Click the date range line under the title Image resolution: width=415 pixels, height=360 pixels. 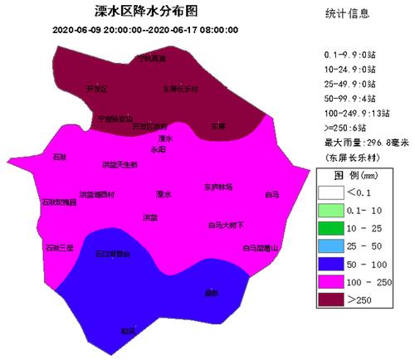pyautogui.click(x=145, y=30)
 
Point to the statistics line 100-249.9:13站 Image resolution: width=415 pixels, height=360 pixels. pyautogui.click(x=358, y=111)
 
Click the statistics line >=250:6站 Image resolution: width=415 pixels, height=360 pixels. pyautogui.click(x=349, y=125)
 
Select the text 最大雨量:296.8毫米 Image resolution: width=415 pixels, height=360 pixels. pyautogui.click(x=362, y=141)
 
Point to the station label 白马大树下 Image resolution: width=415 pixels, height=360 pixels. pyautogui.click(x=226, y=225)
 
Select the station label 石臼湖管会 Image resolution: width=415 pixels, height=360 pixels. pyautogui.click(x=113, y=255)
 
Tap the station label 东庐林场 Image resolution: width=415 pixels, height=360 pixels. pyautogui.click(x=218, y=187)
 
